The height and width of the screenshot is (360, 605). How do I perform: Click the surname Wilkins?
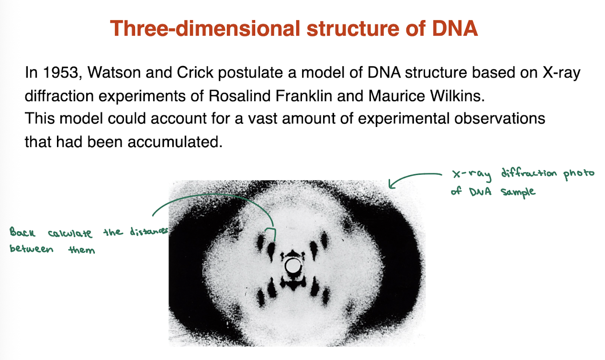tap(455, 96)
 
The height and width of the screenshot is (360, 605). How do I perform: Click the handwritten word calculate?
tap(70, 233)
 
